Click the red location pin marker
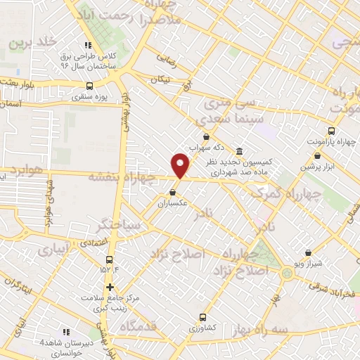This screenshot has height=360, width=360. click(181, 165)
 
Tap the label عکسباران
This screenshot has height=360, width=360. click(173, 202)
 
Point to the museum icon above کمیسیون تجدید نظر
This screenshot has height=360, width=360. click(240, 151)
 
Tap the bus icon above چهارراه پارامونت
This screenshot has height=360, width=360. click(331, 131)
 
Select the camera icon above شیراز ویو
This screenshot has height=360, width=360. click(309, 252)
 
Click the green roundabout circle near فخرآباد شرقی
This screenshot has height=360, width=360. click(287, 273)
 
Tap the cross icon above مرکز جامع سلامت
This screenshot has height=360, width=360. click(110, 287)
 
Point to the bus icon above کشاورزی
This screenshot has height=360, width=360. click(202, 317)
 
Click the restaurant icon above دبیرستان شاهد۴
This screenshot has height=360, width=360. click(66, 331)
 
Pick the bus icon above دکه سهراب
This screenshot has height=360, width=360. click(205, 136)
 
